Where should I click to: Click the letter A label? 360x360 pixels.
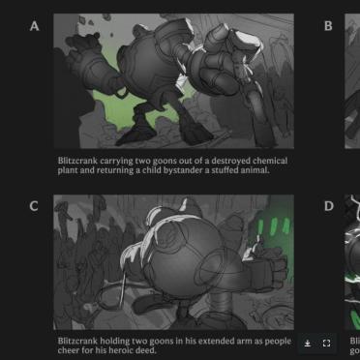pos(34,26)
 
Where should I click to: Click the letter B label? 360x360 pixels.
pos(328,26)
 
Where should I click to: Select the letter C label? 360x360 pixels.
pos(34,206)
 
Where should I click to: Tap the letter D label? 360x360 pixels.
pos(328,206)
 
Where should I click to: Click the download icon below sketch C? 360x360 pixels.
pos(308,344)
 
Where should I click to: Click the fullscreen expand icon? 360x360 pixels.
pos(326,344)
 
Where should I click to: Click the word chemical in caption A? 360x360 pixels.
pos(270,161)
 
